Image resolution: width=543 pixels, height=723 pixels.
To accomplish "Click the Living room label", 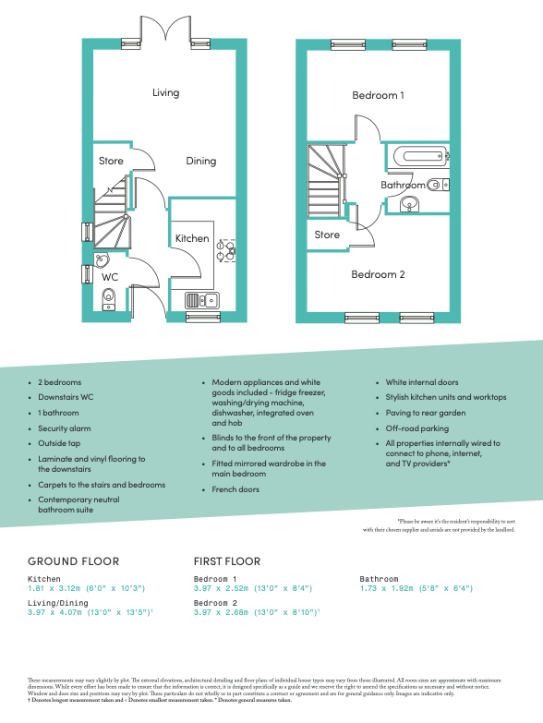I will pos(166,92).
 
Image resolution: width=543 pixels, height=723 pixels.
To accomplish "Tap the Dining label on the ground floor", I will pos(200,161).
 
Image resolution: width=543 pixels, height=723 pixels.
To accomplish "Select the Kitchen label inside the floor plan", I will pos(192,238).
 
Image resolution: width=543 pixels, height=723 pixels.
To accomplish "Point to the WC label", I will pos(109,277).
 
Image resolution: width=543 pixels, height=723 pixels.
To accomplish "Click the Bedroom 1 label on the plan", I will pos(378,95).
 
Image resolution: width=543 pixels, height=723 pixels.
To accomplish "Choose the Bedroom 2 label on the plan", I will pos(378,274).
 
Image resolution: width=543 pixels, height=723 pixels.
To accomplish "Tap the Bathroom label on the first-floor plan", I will pos(404,186).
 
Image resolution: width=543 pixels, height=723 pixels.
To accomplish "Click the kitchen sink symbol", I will pos(200,299).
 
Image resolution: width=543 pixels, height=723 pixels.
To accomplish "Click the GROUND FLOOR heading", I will pos(73,561).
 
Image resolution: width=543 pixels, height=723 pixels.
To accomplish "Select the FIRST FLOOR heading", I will pos(227,561).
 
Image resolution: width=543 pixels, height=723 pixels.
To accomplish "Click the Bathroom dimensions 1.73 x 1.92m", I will pos(416,588).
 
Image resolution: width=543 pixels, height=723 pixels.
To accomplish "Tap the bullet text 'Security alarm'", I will pos(65,429).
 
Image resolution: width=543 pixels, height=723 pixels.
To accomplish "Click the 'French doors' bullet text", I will pos(235,489).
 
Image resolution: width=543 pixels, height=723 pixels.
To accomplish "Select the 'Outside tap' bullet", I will pos(59,444).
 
